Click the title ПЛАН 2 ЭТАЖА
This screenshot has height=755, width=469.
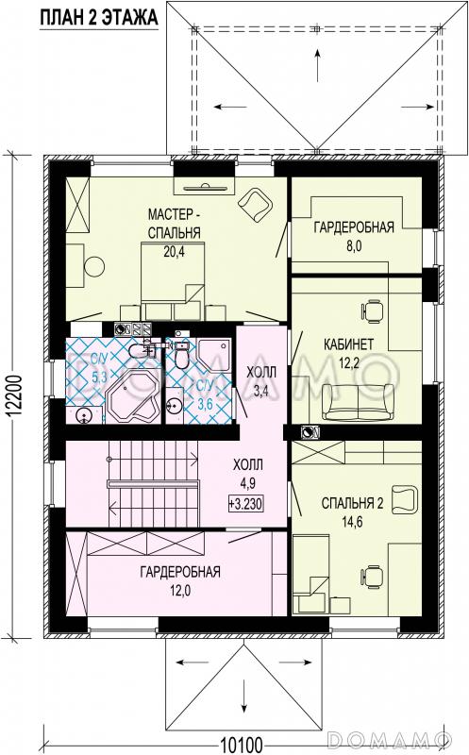click(99, 17)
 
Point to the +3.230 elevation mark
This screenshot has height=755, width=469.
click(246, 504)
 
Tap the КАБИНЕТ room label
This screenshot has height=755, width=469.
click(348, 344)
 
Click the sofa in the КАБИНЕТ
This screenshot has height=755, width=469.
click(359, 403)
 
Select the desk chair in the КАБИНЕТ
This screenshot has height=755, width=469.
click(372, 311)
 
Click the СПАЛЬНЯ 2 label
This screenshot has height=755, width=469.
click(353, 504)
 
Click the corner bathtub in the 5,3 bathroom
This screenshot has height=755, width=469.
click(132, 397)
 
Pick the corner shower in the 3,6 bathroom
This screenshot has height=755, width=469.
click(215, 356)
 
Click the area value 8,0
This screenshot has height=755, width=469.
click(354, 246)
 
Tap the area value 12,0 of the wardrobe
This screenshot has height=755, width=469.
click(180, 591)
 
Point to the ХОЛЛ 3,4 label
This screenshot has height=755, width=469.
click(260, 381)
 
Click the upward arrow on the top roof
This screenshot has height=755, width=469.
click(317, 64)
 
